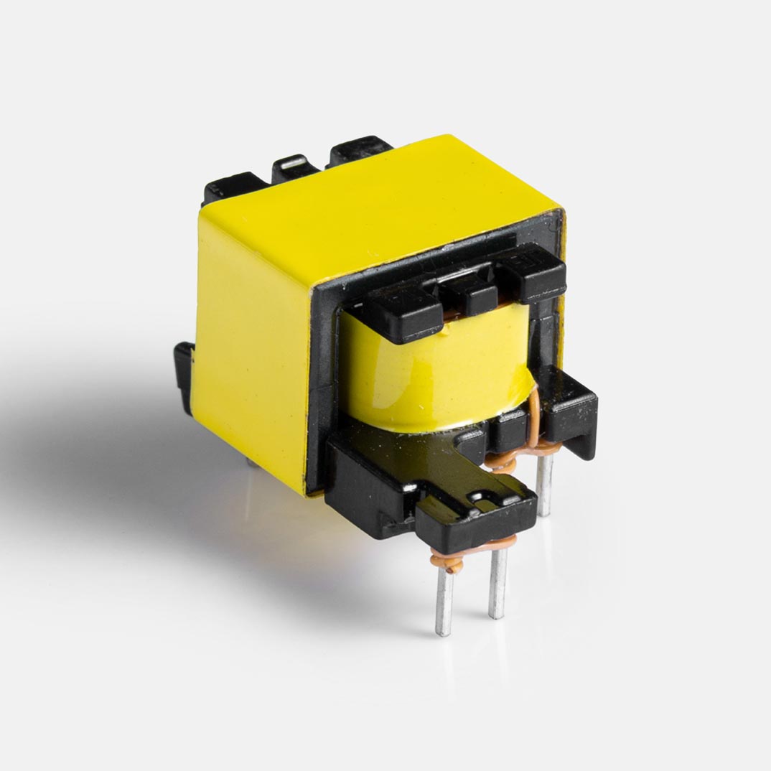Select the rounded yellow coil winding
tap(431, 373)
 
